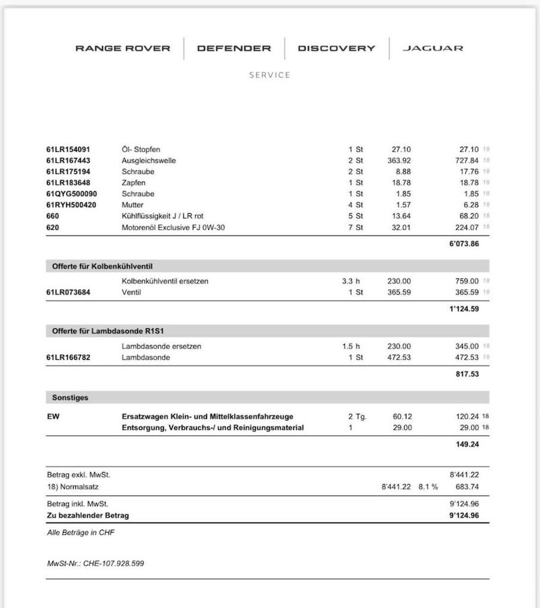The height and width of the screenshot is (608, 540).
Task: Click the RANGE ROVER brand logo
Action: pos(123,49)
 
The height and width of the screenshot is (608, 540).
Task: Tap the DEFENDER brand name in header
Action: pos(234,49)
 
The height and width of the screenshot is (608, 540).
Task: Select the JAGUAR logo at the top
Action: pos(433,49)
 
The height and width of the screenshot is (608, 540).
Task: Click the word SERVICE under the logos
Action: pos(270,75)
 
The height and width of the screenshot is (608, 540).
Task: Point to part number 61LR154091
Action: pos(68,150)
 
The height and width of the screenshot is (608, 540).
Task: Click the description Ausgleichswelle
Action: pos(149,161)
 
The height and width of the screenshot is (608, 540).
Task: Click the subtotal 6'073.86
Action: pos(464,245)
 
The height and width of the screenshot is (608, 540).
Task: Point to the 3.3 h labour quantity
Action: pos(351,281)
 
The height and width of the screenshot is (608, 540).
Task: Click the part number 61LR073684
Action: pos(68,293)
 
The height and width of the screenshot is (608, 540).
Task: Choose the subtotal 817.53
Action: pos(467,374)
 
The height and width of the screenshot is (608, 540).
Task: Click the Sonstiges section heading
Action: pos(70,398)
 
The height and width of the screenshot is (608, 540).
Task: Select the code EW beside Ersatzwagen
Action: pos(53,417)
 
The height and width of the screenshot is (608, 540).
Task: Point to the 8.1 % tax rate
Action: pos(427,487)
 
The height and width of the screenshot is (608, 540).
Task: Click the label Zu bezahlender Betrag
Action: pos(88,515)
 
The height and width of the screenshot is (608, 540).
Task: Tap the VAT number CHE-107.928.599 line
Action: pos(96,563)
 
